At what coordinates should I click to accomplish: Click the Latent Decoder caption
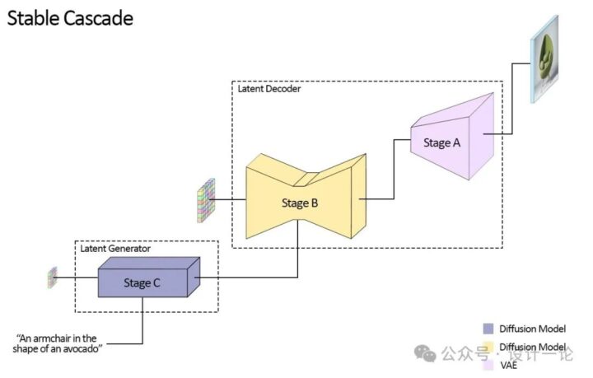coord(269,88)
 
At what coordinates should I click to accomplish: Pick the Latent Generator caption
coord(115,248)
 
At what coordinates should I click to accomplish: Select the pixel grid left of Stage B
coord(205,200)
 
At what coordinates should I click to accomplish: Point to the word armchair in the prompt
coord(60,338)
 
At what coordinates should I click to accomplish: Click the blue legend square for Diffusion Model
coord(489,329)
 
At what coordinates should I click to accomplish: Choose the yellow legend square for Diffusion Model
coord(489,348)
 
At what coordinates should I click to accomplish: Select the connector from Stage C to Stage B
coord(247,277)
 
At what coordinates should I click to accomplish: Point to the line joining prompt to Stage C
coord(142,325)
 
